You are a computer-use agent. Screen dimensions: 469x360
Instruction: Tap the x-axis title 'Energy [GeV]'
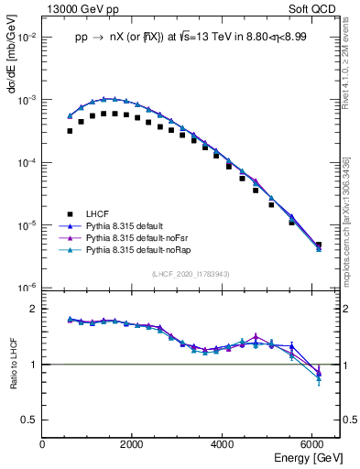(309, 457)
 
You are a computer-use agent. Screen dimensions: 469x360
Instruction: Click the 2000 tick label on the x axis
(132, 444)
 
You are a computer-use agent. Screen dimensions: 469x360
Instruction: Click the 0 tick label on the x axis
(42, 444)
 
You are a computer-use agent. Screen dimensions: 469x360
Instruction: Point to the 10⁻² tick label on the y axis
(27, 38)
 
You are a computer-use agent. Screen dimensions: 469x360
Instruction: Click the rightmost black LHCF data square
(318, 245)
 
